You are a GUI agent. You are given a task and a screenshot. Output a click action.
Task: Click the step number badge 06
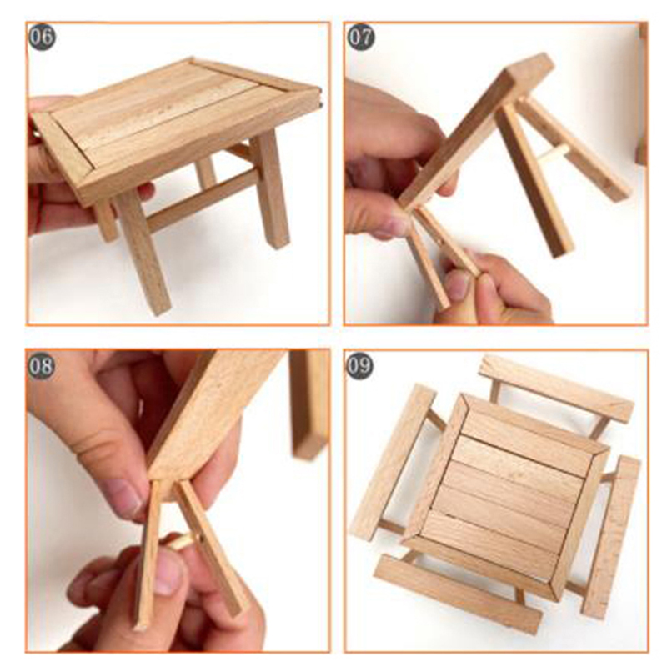point(43,37)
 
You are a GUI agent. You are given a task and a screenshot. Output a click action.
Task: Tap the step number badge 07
point(361,37)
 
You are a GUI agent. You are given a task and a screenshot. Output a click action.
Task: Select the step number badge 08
point(41,365)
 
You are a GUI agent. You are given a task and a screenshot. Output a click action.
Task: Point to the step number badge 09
point(359,365)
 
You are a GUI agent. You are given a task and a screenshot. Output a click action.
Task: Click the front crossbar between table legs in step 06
point(199,199)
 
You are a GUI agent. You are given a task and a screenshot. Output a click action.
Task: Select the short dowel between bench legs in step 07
point(554,154)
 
